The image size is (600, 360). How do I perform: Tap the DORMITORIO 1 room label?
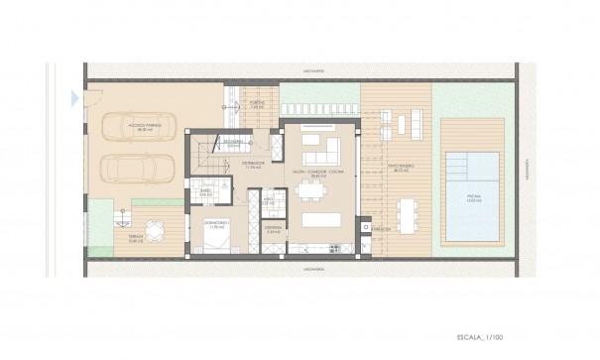[216, 222]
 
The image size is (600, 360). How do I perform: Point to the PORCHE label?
[257, 102]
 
